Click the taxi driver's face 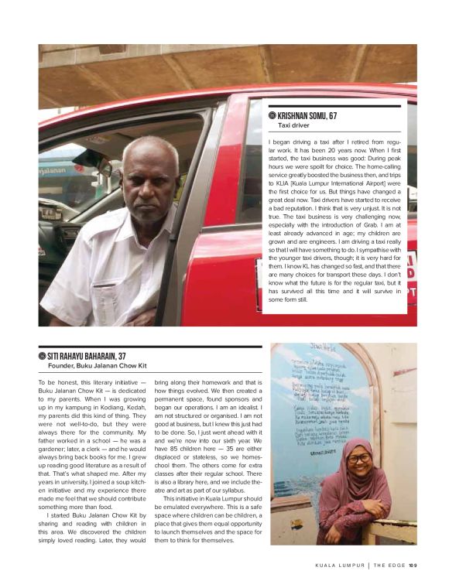[150, 178]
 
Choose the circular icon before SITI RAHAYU [43, 357]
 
